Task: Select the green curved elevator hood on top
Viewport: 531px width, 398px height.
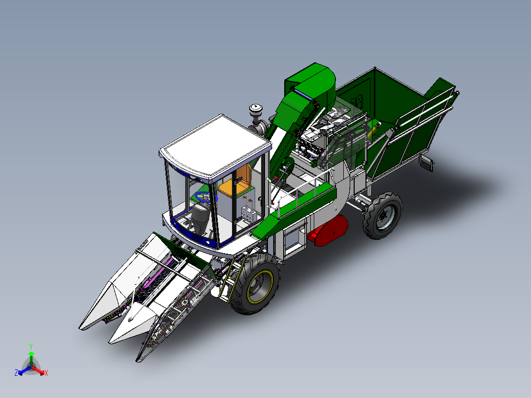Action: tap(315, 82)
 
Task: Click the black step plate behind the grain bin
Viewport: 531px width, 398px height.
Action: tap(427, 163)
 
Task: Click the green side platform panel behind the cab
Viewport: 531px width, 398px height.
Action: tap(296, 206)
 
